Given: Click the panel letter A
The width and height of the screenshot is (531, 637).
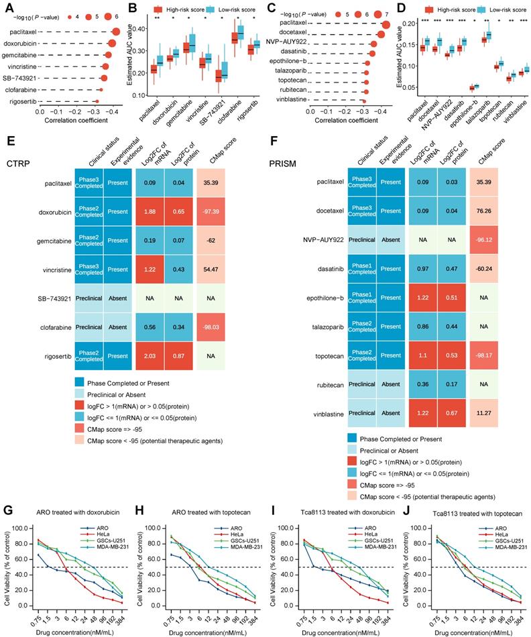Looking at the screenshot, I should pos(7,9).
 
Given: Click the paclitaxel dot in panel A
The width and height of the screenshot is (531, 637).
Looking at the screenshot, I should pos(115,32).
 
